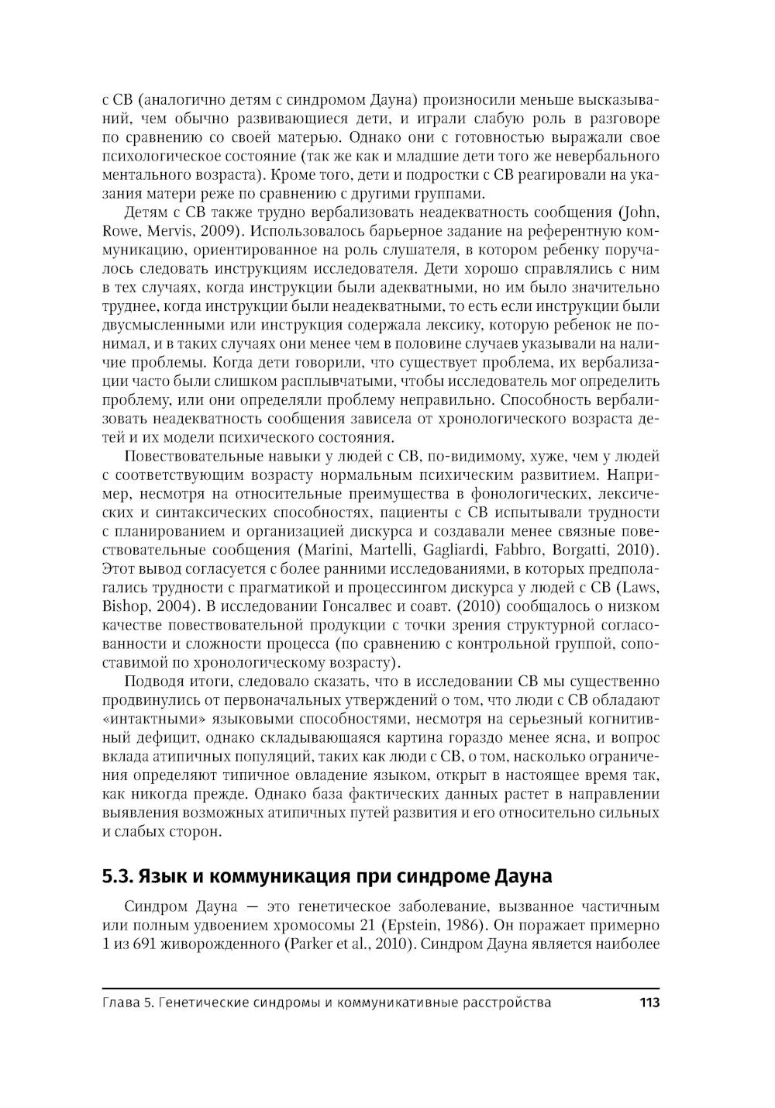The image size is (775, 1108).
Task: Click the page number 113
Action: [x=648, y=1003]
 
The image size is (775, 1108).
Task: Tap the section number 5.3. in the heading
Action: [x=119, y=877]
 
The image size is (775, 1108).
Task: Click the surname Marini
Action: [x=319, y=551]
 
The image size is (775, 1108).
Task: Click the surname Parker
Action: [x=311, y=944]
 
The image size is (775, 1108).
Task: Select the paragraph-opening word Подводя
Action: [x=153, y=682]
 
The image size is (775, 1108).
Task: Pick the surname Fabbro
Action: [x=528, y=551]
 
